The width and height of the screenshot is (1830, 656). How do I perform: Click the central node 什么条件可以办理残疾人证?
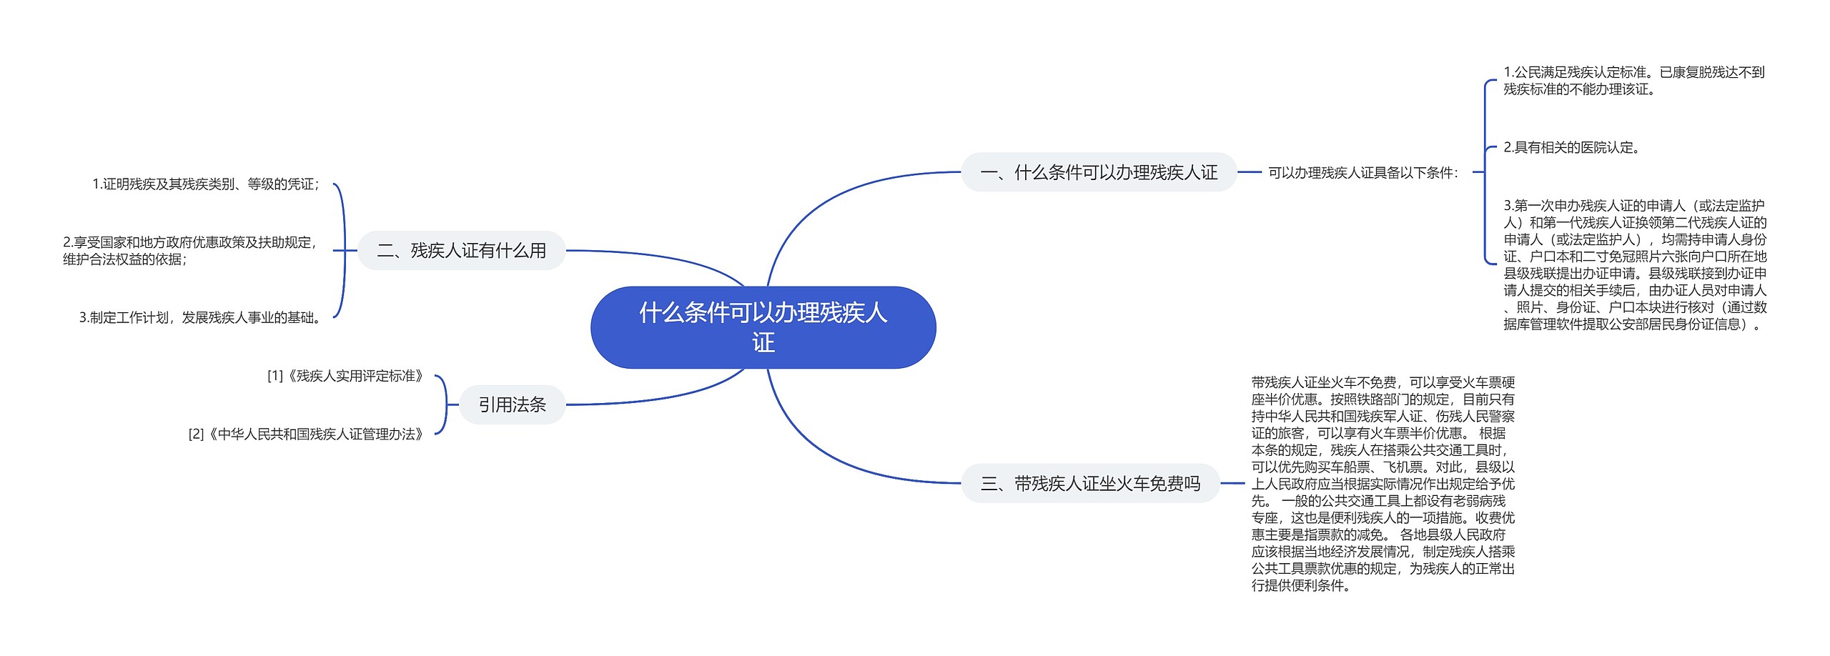tap(763, 327)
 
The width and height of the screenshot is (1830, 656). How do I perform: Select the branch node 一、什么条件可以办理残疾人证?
tap(1098, 172)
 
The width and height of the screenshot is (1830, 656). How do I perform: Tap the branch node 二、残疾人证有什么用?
tap(462, 251)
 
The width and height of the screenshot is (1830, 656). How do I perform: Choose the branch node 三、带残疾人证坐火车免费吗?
tap(1090, 484)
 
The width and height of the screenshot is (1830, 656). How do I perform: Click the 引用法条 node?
tap(512, 405)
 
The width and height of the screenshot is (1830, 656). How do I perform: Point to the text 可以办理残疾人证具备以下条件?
tap(1362, 173)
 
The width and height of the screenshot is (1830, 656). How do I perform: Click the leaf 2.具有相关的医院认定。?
tap(1571, 148)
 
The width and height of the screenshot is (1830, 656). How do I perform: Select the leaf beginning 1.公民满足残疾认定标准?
tap(1633, 81)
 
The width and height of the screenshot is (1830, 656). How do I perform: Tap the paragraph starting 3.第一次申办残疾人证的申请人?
tap(1635, 264)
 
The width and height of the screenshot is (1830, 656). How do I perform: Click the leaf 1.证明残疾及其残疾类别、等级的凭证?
tap(206, 184)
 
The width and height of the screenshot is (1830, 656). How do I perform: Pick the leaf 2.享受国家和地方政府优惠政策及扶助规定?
tap(190, 251)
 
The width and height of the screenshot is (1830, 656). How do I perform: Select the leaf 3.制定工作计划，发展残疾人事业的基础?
tap(201, 318)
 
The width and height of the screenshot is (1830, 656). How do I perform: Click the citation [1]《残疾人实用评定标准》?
tap(346, 376)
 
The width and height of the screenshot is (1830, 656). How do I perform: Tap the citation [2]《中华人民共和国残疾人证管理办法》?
tap(307, 434)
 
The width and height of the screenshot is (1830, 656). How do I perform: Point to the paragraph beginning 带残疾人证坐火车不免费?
tap(1383, 484)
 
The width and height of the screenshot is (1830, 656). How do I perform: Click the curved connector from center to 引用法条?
tap(665, 397)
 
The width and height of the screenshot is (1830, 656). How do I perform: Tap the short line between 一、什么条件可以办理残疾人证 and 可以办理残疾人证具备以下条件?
tap(1249, 172)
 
